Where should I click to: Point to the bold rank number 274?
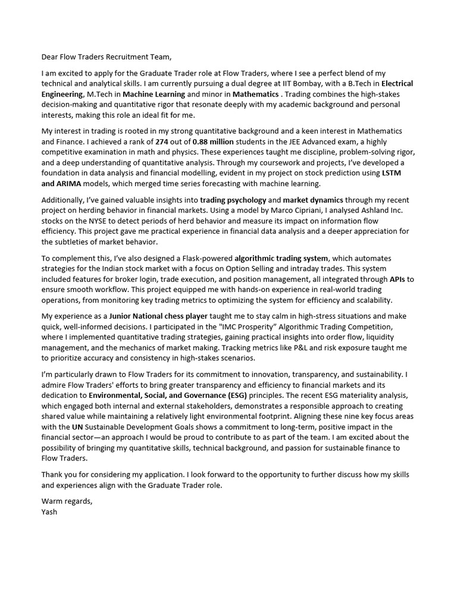click(x=162, y=141)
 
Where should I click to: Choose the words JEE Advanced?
click(x=308, y=141)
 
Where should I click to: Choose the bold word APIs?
click(x=397, y=278)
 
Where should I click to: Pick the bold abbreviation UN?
click(x=81, y=426)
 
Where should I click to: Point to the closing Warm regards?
click(x=67, y=501)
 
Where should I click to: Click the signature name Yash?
click(x=49, y=511)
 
